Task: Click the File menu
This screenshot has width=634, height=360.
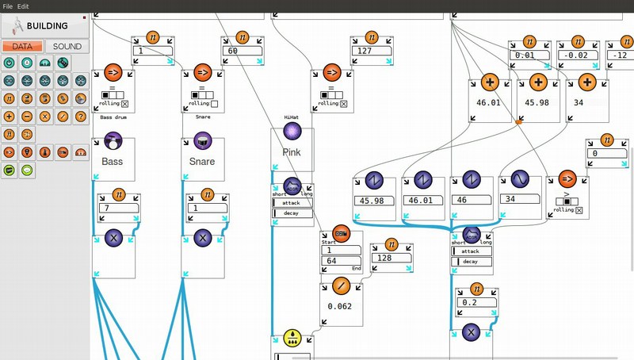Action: (7, 6)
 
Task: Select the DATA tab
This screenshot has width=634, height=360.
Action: (22, 46)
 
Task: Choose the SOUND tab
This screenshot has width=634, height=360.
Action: (67, 46)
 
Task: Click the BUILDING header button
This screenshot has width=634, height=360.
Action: (45, 25)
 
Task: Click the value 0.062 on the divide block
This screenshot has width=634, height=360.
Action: (340, 306)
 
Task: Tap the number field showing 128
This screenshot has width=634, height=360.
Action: (391, 258)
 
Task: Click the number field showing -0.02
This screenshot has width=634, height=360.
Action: (576, 55)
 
